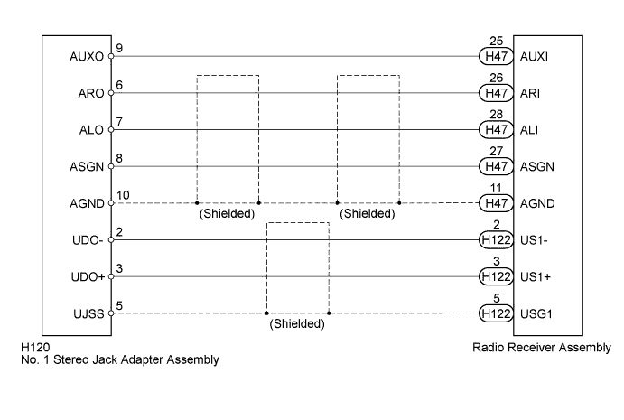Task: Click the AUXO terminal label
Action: tap(87, 57)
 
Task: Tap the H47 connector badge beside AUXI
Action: tap(496, 56)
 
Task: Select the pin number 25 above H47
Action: tap(497, 41)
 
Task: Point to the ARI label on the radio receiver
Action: tap(530, 93)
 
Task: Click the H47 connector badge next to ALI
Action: tap(496, 130)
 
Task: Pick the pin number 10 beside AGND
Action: tap(123, 195)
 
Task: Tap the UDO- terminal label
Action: tap(88, 240)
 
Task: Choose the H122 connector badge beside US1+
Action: tap(496, 276)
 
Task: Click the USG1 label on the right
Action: tap(536, 314)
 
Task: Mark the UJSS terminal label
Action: tap(88, 314)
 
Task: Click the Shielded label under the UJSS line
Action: tap(297, 323)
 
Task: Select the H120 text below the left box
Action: tap(35, 348)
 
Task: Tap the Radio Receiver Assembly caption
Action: tap(542, 348)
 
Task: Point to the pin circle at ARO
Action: tap(111, 93)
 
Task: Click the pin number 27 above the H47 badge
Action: tap(497, 151)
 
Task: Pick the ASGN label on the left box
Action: tap(87, 167)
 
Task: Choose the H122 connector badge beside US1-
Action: tap(496, 240)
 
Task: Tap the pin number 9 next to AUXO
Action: tap(119, 48)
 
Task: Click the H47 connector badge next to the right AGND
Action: tap(496, 203)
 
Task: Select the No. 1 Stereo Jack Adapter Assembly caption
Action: tap(120, 359)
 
